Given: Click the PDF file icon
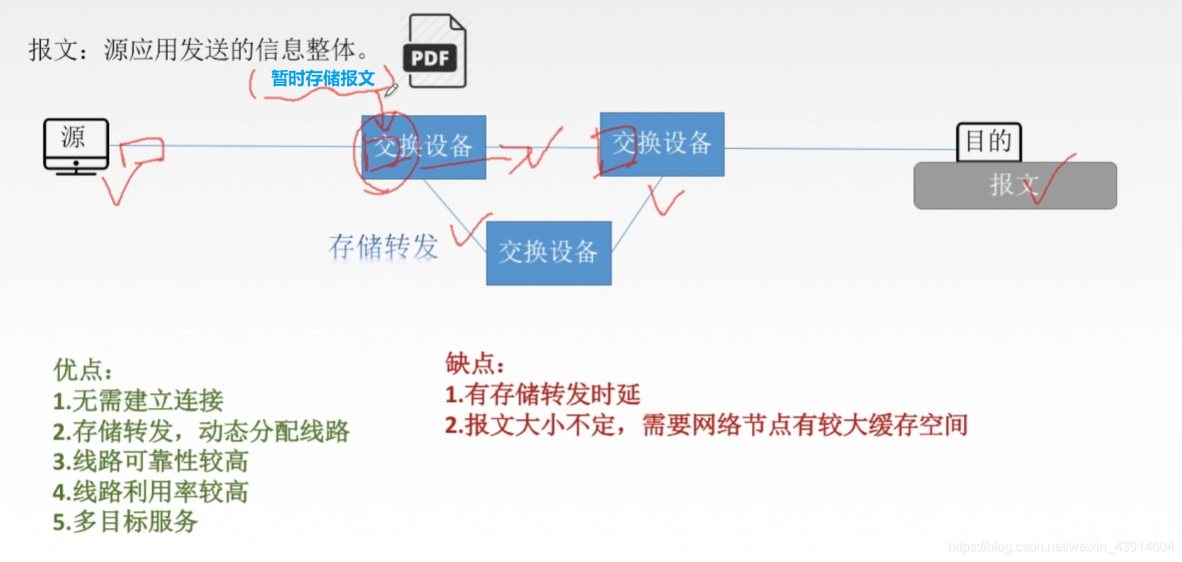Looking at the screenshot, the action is click(434, 52).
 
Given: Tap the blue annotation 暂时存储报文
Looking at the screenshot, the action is click(323, 79).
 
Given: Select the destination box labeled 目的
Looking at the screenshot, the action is click(988, 142).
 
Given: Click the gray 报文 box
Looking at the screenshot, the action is click(1015, 185).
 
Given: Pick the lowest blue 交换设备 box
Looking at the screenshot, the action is click(548, 252).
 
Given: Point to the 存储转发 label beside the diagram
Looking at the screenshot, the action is click(383, 246).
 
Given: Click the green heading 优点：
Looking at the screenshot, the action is click(83, 370).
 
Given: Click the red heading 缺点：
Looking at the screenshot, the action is click(475, 364).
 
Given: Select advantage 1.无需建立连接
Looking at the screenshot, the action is click(138, 401).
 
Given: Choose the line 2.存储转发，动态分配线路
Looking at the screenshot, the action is click(200, 431).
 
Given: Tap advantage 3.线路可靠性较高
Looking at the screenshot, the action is click(150, 461).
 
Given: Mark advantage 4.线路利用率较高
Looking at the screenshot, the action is click(150, 491).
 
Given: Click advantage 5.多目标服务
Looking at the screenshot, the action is click(125, 522).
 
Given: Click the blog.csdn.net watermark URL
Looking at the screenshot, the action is click(1061, 547).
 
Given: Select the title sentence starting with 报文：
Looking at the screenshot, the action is click(200, 50).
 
